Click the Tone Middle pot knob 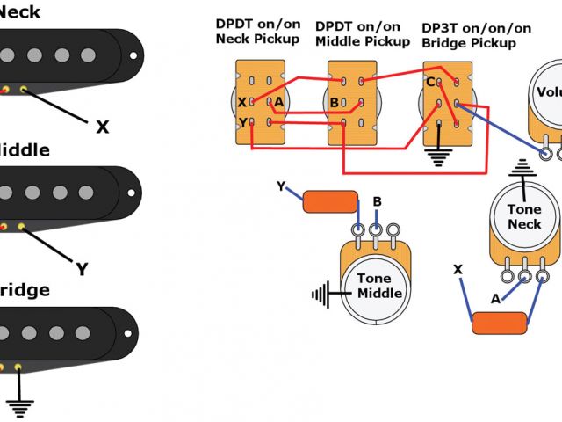tap(380, 286)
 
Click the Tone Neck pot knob tap(524, 216)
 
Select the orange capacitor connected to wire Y tap(330, 201)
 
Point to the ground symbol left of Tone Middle tap(325, 292)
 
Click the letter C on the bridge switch tap(430, 83)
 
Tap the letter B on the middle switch tap(335, 102)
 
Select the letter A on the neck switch tap(278, 102)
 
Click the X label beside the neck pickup tap(103, 127)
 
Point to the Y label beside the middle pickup tap(82, 269)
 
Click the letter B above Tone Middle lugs tap(377, 202)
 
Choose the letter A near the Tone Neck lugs tap(495, 299)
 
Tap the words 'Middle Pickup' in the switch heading tap(363, 41)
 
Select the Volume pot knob tap(549, 92)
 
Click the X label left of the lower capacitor tap(458, 268)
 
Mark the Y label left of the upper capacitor tap(281, 186)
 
